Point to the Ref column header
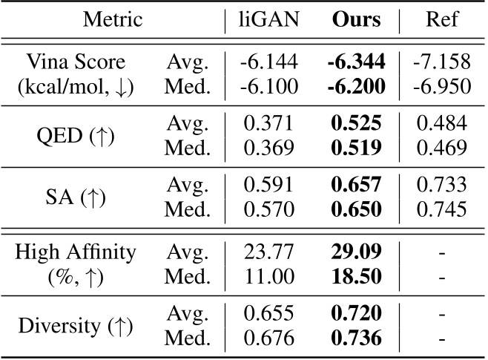point(441,19)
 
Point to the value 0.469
point(441,148)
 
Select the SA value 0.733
point(441,183)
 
